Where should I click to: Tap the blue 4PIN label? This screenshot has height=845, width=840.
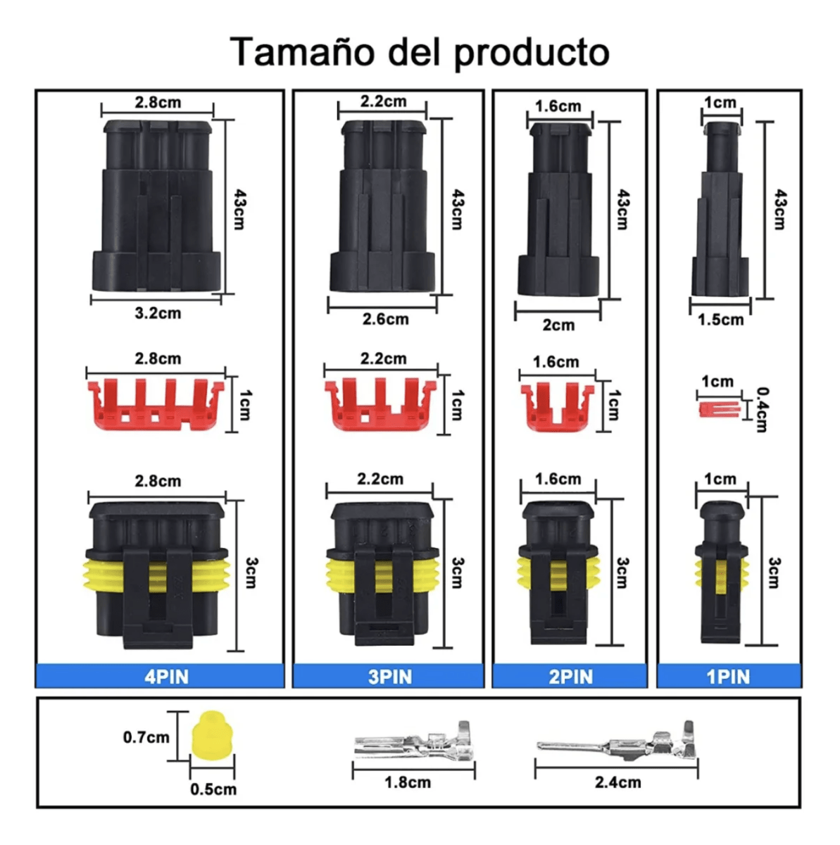[166, 677]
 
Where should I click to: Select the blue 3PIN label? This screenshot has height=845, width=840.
[389, 677]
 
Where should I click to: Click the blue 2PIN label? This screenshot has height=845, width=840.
[570, 677]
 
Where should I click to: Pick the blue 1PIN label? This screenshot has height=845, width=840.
[728, 677]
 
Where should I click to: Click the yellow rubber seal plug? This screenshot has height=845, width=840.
[212, 735]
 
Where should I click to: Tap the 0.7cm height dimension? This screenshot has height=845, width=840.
[146, 737]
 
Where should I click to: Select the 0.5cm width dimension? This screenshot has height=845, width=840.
[213, 789]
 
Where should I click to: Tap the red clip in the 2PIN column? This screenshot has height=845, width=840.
[556, 408]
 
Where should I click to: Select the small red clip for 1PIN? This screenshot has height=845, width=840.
[718, 409]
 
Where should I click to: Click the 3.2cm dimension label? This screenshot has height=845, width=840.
[158, 313]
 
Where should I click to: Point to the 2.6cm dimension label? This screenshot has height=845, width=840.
[385, 319]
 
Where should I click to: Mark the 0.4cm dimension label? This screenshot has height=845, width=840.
[762, 409]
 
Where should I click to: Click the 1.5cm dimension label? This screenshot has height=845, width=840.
[720, 320]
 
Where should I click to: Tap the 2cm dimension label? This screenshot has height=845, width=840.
[558, 325]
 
